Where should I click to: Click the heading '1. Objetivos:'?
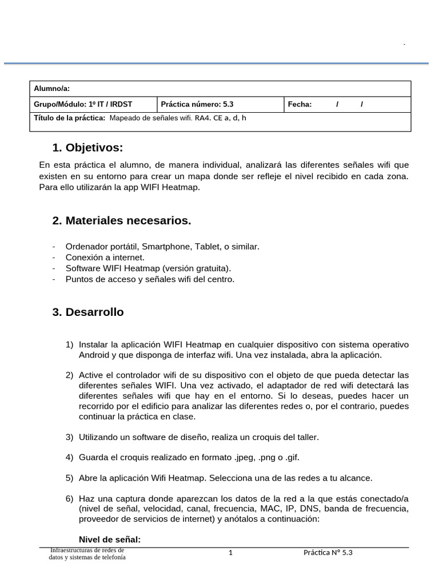tap(87, 148)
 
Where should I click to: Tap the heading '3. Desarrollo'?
tap(87, 312)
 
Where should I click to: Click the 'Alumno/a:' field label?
tap(51, 88)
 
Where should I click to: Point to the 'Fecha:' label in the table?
tap(300, 104)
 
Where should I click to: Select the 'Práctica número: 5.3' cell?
tap(197, 104)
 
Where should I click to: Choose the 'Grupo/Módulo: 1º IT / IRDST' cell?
tap(83, 104)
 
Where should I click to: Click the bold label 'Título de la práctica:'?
tap(70, 118)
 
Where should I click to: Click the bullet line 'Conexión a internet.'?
tap(105, 258)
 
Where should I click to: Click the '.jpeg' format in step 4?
tap(246, 457)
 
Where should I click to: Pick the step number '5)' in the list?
tap(69, 477)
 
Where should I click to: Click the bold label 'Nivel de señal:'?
tap(109, 540)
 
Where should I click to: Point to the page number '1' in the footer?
tap(230, 553)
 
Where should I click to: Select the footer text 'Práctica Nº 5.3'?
tap(328, 553)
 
